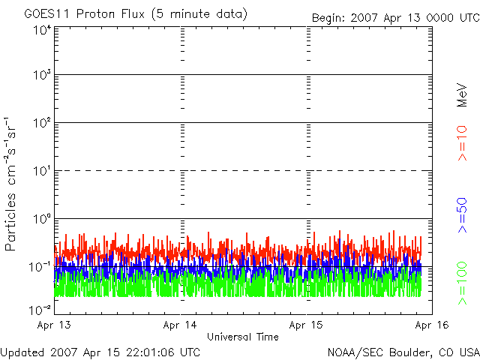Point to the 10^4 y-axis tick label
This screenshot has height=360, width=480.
point(41,29)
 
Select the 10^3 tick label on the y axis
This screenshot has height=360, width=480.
point(41,75)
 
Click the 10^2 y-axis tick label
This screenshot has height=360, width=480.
point(41,122)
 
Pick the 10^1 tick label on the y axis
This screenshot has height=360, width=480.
point(41,170)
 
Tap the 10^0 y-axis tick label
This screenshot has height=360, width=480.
point(41,218)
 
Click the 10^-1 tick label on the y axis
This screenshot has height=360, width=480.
point(40,266)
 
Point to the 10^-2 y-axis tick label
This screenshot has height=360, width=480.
point(40,307)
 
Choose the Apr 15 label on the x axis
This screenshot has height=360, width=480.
point(307,325)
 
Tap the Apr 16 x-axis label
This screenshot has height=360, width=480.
point(432,325)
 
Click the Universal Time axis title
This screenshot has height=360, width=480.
point(242,337)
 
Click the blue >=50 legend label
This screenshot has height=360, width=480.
point(463,217)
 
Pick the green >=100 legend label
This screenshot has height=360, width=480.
point(463,284)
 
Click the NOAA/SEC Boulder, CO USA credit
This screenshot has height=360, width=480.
point(402,352)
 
